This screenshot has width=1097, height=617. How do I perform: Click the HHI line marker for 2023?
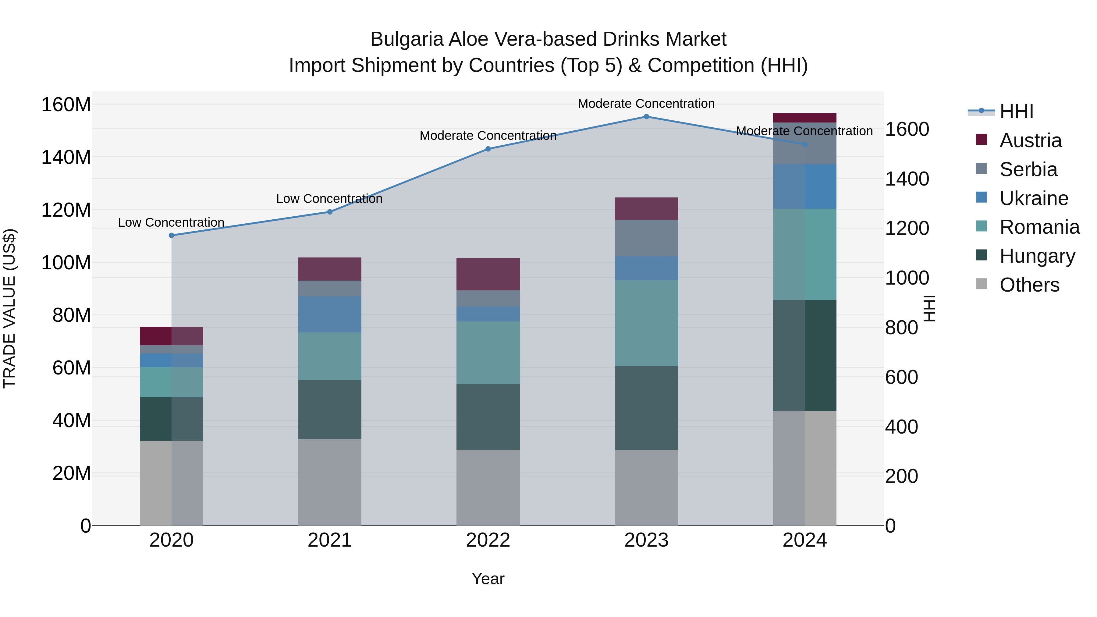tap(646, 117)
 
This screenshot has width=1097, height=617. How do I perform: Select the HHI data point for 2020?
tap(172, 236)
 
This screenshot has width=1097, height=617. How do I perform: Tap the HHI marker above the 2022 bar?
tap(488, 149)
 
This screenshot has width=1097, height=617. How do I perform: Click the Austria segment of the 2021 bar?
tap(330, 269)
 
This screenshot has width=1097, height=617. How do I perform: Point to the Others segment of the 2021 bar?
tap(330, 482)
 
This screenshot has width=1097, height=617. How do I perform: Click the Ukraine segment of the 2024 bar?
tap(804, 186)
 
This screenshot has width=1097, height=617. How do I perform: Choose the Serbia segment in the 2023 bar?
tap(646, 238)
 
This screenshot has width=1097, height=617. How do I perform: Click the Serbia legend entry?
tap(1028, 169)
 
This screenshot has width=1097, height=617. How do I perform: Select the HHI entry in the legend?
tap(1016, 112)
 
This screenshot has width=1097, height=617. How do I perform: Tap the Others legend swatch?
tap(981, 284)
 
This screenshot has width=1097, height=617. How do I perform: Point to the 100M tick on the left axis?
tap(66, 263)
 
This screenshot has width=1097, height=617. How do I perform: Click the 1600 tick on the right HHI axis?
tap(907, 129)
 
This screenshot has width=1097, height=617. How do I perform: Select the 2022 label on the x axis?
tap(488, 540)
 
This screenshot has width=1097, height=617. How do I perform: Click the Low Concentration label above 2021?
tap(329, 199)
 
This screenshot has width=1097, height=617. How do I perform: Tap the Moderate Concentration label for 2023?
tap(646, 104)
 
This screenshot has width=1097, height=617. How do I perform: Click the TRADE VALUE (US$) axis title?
tap(10, 308)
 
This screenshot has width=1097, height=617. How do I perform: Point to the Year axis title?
tap(488, 579)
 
